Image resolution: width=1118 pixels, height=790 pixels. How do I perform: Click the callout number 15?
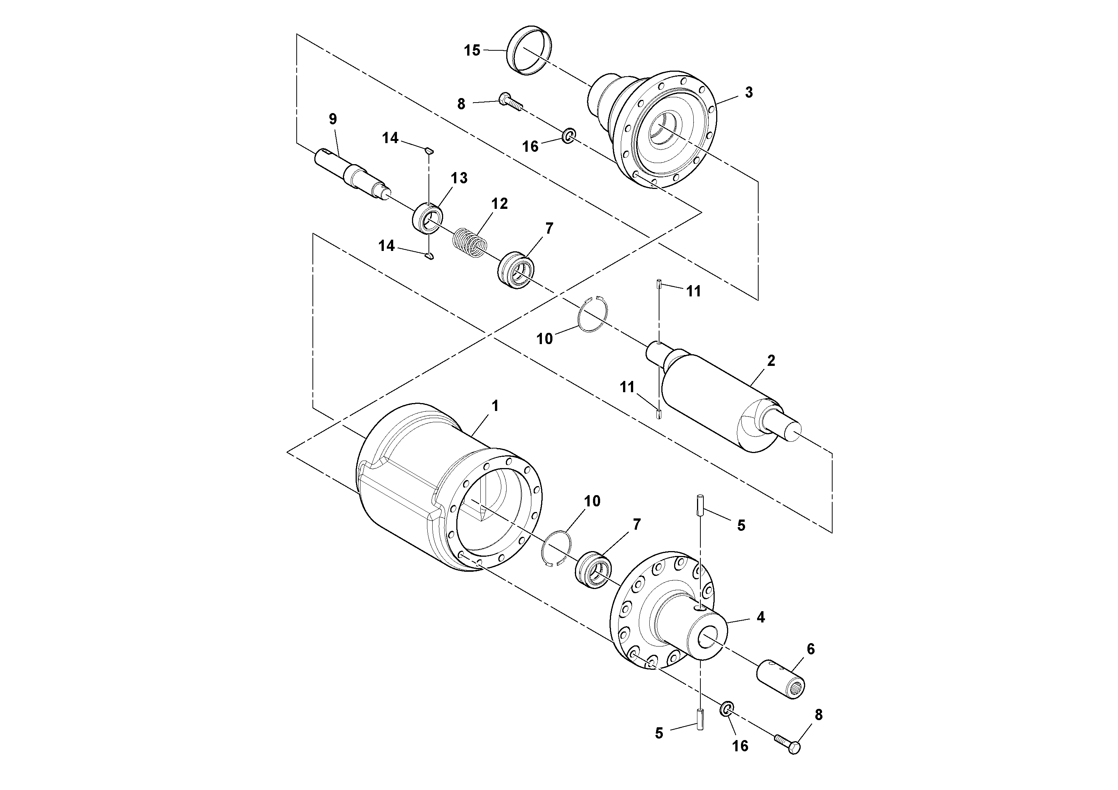point(471,51)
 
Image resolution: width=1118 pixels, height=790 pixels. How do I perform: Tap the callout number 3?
point(748,92)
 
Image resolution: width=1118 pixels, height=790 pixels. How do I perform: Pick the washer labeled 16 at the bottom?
point(727,709)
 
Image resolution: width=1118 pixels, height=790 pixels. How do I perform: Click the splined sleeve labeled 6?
point(780,681)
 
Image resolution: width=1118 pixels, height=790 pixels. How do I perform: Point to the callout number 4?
point(760,618)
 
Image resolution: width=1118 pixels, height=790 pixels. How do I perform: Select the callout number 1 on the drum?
point(495,406)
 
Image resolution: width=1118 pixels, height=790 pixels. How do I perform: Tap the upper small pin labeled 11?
point(658,283)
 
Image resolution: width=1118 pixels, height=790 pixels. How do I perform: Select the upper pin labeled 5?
point(700,506)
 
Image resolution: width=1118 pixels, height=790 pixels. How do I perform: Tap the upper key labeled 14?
point(428,151)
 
